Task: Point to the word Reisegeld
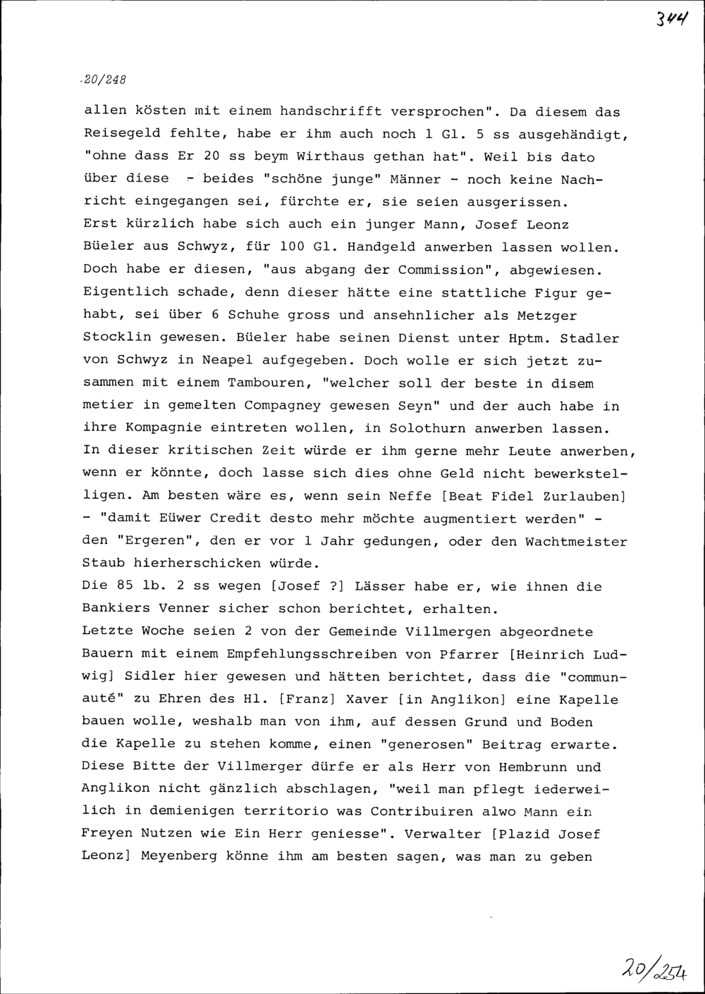(x=121, y=134)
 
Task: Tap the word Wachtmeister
(x=576, y=541)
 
